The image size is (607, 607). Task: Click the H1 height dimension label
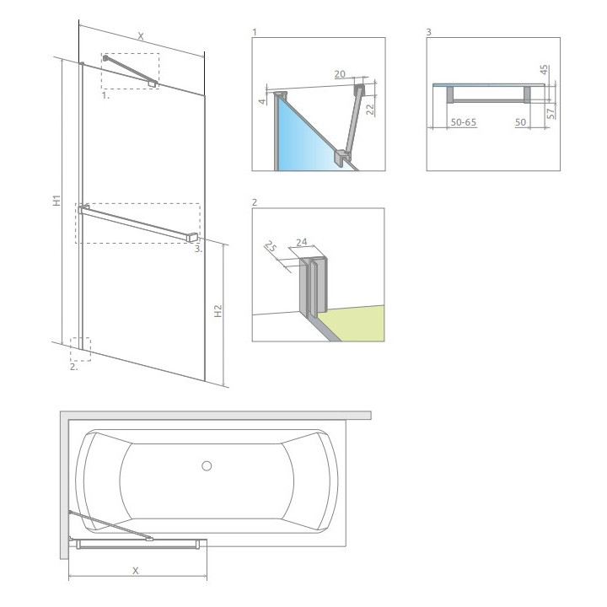pyautogui.click(x=57, y=200)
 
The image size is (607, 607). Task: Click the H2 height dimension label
pyautogui.click(x=218, y=311)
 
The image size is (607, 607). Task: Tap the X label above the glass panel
pyautogui.click(x=141, y=36)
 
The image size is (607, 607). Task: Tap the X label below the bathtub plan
pyautogui.click(x=136, y=571)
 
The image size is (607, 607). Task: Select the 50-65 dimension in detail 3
pyautogui.click(x=464, y=122)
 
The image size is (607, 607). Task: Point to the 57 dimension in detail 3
pyautogui.click(x=551, y=114)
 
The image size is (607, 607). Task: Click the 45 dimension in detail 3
pyautogui.click(x=544, y=70)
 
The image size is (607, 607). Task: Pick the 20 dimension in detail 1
pyautogui.click(x=340, y=74)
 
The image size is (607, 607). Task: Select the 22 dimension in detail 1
pyautogui.click(x=370, y=110)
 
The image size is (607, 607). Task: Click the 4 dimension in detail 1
pyautogui.click(x=262, y=101)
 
